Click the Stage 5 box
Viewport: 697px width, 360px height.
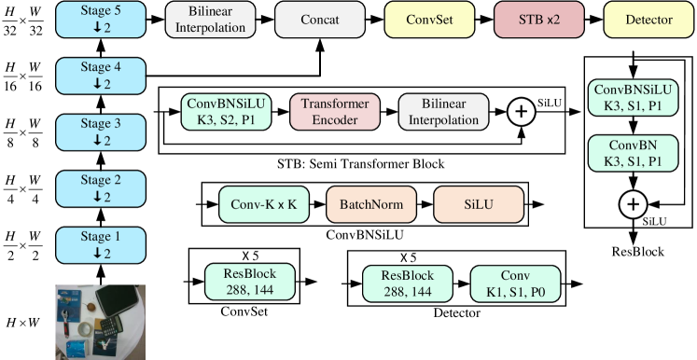tap(101, 20)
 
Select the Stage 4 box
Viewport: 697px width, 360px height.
tap(101, 76)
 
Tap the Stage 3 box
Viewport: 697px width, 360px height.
tap(101, 132)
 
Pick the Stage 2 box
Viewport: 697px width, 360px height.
tap(101, 188)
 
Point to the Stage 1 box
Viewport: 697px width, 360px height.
tap(101, 244)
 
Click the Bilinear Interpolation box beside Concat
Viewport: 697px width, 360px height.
tap(210, 20)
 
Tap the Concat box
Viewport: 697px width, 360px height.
tap(320, 20)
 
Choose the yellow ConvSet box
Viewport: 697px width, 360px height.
tap(429, 20)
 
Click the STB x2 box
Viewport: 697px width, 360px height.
tap(538, 20)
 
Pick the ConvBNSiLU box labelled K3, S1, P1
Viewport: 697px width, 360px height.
tap(634, 98)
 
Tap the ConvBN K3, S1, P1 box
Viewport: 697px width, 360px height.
tap(634, 153)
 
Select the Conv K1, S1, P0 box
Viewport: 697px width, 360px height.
tap(515, 284)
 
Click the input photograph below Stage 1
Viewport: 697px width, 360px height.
tap(101, 322)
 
